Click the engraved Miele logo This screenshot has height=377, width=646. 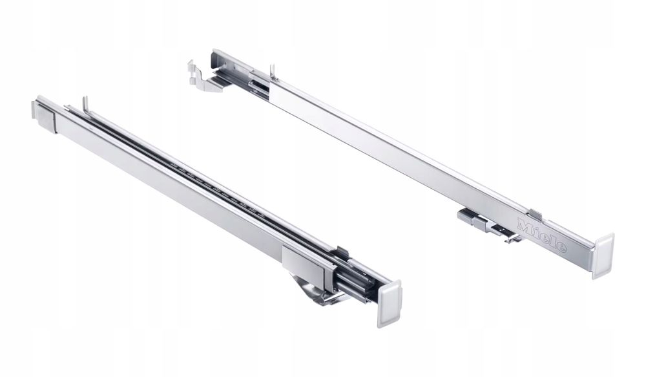[541, 235]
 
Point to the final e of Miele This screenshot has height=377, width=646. [561, 248]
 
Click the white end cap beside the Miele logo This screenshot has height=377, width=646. [603, 255]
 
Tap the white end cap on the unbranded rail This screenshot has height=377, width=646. [390, 303]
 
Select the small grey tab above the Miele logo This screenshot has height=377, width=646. [535, 214]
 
